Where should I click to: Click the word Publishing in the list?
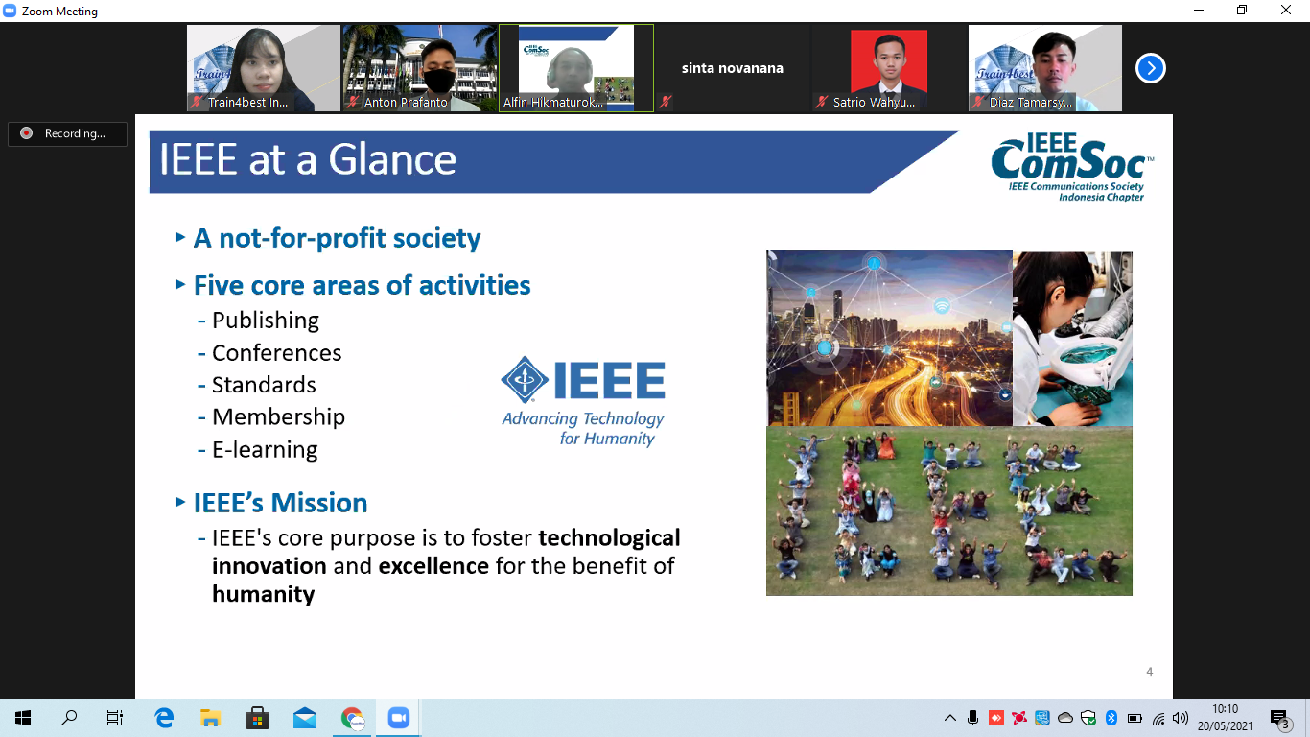pyautogui.click(x=266, y=321)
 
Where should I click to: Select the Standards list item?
pyautogui.click(x=264, y=385)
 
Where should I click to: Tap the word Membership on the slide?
pyautogui.click(x=278, y=416)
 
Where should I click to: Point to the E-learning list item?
pyautogui.click(x=265, y=449)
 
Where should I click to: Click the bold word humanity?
pyautogui.click(x=263, y=594)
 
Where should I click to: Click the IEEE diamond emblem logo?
pyautogui.click(x=525, y=379)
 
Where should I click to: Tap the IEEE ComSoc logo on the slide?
pyautogui.click(x=1072, y=167)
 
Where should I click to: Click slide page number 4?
pyautogui.click(x=1150, y=672)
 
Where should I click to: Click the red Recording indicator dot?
pyautogui.click(x=26, y=132)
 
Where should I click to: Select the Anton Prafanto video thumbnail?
pyautogui.click(x=419, y=68)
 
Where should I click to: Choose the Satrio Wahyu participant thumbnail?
pyautogui.click(x=888, y=68)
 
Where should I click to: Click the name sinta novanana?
pyautogui.click(x=732, y=68)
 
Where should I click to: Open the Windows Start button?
pyautogui.click(x=23, y=718)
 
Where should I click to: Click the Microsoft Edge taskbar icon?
pyautogui.click(x=164, y=718)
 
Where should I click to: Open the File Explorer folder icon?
pyautogui.click(x=210, y=718)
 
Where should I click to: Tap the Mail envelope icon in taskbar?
pyautogui.click(x=305, y=718)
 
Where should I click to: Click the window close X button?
pyautogui.click(x=1285, y=10)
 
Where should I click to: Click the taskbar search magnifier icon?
pyautogui.click(x=69, y=717)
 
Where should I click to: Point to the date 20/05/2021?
pyautogui.click(x=1226, y=725)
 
